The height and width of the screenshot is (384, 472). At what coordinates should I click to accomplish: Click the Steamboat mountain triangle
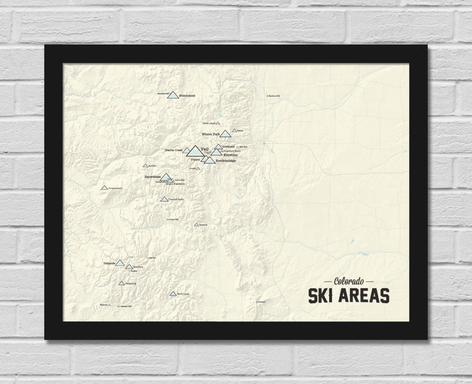[x=173, y=95]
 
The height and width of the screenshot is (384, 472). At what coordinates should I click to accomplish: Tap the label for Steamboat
[x=187, y=96]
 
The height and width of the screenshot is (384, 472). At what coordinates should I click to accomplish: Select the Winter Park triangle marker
[x=225, y=134]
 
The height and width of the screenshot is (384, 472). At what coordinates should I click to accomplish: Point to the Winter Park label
[x=211, y=134]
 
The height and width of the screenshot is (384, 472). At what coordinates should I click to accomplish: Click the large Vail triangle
[x=194, y=151]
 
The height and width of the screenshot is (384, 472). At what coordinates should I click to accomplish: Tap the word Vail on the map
[x=206, y=149]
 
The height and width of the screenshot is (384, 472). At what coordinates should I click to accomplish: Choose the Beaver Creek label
[x=173, y=150]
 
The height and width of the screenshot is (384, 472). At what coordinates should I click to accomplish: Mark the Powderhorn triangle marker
[x=104, y=187]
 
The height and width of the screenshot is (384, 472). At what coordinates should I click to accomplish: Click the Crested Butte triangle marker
[x=164, y=199]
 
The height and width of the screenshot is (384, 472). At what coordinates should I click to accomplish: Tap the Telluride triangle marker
[x=119, y=263]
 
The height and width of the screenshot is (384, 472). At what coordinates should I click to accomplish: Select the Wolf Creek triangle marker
[x=173, y=293]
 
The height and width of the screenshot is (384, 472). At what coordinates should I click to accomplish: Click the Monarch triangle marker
[x=196, y=224]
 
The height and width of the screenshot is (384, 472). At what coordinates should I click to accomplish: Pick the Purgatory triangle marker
[x=121, y=283]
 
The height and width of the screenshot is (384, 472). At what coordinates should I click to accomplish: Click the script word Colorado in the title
[x=348, y=281]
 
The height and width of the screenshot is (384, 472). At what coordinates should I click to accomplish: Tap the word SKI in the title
[x=323, y=296]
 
